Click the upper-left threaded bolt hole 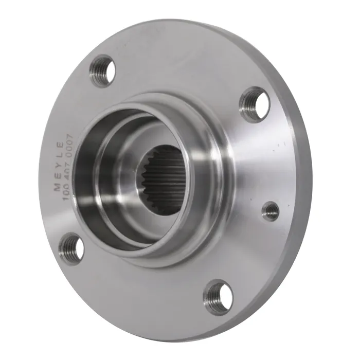coord(102,71)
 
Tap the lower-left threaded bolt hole coord(71,248)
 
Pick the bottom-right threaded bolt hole coord(218,296)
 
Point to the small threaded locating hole coord(271,211)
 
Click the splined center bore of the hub coord(160,180)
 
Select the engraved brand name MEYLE coord(59,167)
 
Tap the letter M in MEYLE coord(57,188)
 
